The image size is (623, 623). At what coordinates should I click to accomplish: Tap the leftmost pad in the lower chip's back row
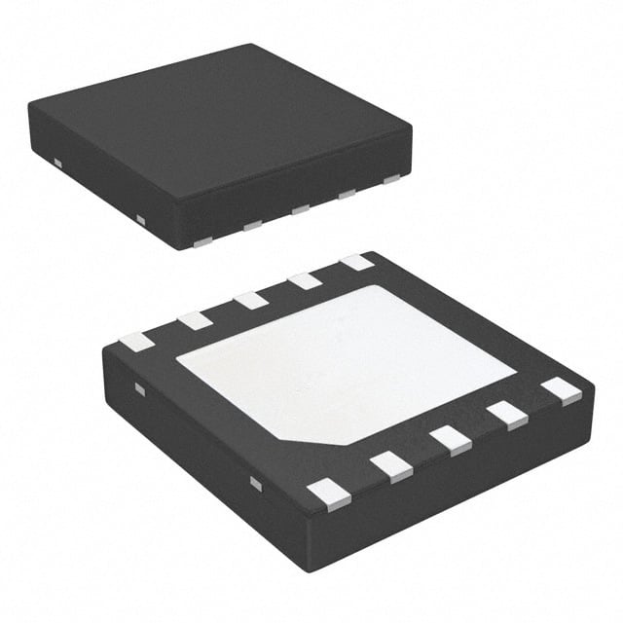[135, 342]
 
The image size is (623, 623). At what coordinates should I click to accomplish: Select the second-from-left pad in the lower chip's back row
[195, 320]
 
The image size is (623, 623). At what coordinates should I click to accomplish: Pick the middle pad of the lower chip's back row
[251, 300]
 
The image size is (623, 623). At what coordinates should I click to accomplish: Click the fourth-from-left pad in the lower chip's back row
[306, 280]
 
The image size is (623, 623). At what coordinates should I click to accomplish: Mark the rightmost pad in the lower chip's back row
[357, 262]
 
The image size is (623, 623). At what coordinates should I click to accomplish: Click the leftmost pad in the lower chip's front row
[328, 496]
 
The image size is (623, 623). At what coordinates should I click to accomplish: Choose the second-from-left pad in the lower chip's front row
[391, 467]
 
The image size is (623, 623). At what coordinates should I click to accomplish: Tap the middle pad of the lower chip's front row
[452, 440]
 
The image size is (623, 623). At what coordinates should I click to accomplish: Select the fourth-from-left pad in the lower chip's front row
[508, 415]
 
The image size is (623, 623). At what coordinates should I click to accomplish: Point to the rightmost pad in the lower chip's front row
[562, 390]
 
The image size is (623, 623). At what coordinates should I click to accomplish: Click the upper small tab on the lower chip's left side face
[139, 390]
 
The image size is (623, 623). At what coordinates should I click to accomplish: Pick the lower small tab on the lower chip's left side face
[255, 483]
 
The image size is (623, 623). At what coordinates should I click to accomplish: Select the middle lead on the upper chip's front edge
[300, 208]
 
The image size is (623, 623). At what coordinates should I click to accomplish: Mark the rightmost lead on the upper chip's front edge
[391, 179]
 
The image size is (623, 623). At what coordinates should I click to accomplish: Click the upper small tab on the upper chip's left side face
[57, 161]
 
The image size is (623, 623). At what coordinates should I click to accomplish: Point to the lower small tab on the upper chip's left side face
[140, 218]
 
